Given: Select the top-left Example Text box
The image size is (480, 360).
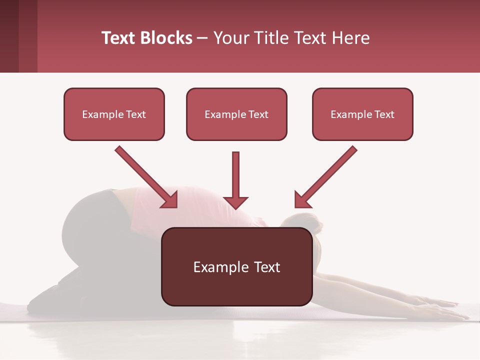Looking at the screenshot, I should pyautogui.click(x=114, y=114).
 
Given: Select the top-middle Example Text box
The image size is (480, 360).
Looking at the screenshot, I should pyautogui.click(x=236, y=114).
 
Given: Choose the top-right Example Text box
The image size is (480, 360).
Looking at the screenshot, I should pyautogui.click(x=362, y=114).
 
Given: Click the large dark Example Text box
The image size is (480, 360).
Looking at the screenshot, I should pyautogui.click(x=237, y=266).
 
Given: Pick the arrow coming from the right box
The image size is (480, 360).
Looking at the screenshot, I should pyautogui.click(x=327, y=176).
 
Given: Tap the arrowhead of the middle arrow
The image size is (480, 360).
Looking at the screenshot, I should pyautogui.click(x=235, y=202).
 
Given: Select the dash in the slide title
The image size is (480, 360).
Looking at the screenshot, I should pyautogui.click(x=202, y=38).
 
